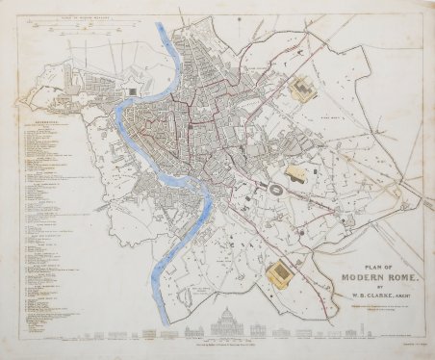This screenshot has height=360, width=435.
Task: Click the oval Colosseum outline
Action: (x=274, y=189)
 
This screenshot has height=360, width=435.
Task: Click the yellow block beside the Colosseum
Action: (x=295, y=175)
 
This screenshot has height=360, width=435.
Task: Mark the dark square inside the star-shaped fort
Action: (x=131, y=91)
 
